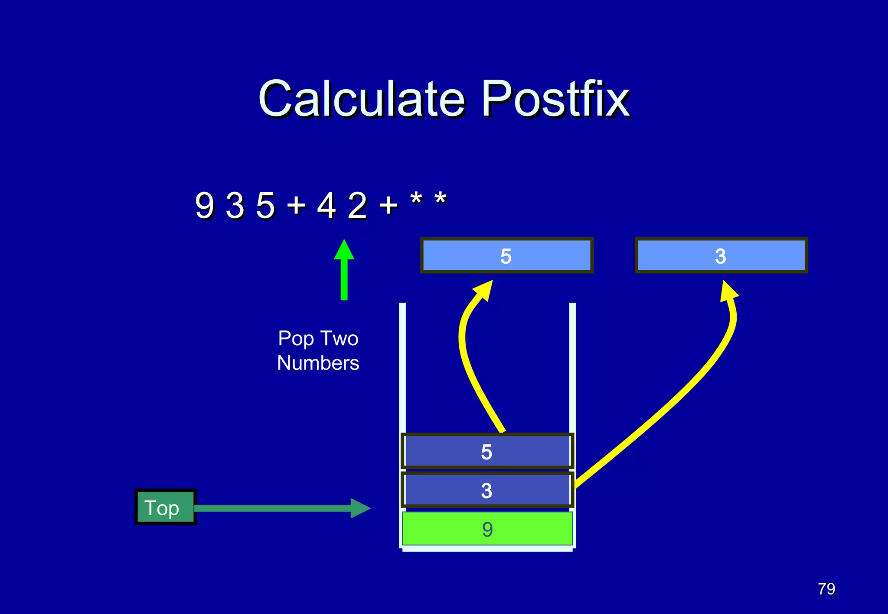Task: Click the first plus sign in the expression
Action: (x=297, y=204)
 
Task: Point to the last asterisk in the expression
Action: (x=441, y=200)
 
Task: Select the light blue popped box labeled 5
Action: (x=506, y=255)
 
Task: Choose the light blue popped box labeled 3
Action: (x=721, y=255)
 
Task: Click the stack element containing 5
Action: (x=487, y=451)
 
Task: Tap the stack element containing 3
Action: (x=487, y=490)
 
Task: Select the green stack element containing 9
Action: (x=487, y=529)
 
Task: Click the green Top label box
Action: (x=165, y=507)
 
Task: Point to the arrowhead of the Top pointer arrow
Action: (x=361, y=508)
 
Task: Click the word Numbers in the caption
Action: (x=318, y=363)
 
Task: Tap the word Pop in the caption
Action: (x=296, y=339)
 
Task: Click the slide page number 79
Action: (x=826, y=589)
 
